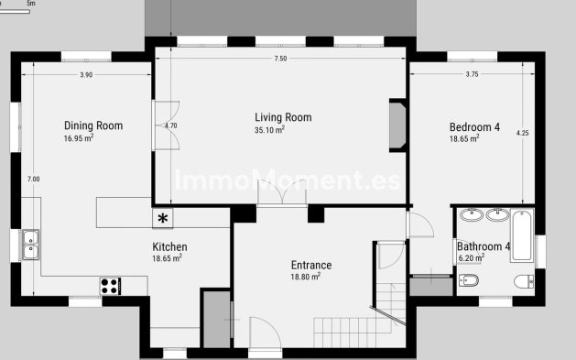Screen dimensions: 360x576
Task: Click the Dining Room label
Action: click(93, 126)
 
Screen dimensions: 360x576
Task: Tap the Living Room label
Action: click(283, 117)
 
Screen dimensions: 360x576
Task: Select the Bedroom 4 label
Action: click(474, 127)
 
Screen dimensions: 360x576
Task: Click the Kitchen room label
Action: click(169, 247)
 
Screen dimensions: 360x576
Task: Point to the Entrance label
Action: click(310, 266)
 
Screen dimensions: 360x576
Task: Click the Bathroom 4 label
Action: click(483, 246)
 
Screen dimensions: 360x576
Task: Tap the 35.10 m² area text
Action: click(269, 130)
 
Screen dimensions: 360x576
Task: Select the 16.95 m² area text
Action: click(79, 139)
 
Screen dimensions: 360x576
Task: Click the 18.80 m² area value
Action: click(305, 277)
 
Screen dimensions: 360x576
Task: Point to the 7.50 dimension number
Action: click(280, 59)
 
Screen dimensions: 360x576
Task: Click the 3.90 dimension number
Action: click(86, 75)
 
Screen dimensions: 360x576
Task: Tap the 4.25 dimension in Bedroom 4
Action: click(523, 134)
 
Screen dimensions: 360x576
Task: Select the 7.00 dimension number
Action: click(33, 179)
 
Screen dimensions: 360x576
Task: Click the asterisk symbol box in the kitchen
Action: click(163, 218)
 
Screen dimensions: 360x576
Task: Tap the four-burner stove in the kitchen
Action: click(110, 286)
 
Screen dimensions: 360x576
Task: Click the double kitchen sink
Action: click(31, 244)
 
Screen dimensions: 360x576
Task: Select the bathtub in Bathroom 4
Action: click(522, 235)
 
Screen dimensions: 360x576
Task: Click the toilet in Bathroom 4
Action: click(523, 281)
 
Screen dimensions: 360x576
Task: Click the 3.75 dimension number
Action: click(473, 75)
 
